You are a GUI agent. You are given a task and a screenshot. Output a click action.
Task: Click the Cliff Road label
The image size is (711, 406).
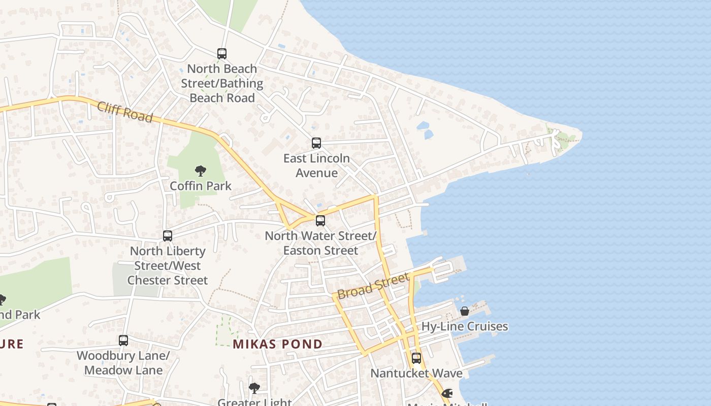(124, 112)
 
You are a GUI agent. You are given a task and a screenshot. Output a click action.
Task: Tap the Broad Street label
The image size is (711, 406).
(373, 286)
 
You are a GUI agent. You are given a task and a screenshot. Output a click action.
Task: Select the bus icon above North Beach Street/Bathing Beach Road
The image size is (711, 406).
(222, 53)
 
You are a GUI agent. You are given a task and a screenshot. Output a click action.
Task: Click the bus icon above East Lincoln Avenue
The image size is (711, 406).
(316, 143)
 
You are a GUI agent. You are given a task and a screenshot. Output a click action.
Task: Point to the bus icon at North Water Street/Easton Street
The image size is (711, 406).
(320, 221)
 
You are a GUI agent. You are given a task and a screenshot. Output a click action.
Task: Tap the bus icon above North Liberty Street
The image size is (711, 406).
(168, 236)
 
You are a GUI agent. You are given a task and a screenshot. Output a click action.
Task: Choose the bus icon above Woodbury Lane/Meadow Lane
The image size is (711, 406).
(123, 341)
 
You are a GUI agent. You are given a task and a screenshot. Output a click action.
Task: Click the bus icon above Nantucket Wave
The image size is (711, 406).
(416, 358)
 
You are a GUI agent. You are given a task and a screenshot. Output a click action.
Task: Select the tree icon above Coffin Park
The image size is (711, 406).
(201, 171)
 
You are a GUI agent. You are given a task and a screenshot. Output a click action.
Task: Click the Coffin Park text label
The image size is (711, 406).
(201, 186)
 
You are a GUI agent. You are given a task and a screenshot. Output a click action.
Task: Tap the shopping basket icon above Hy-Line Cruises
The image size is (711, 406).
(465, 311)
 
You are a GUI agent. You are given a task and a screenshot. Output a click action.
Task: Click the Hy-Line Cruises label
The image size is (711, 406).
(465, 326)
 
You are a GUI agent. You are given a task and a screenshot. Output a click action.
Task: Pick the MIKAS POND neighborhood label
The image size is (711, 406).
(278, 344)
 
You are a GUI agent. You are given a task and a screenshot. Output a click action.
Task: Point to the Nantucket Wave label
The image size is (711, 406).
(416, 374)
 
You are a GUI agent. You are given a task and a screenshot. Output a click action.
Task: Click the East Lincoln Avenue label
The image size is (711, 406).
(316, 165)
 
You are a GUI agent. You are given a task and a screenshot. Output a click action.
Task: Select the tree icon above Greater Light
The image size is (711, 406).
(254, 389)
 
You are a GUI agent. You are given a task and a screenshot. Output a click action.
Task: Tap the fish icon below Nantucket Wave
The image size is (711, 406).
(447, 393)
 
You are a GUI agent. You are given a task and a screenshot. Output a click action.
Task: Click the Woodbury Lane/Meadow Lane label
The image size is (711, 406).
(123, 363)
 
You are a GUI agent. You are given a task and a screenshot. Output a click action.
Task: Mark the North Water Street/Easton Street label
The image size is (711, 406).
(320, 243)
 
